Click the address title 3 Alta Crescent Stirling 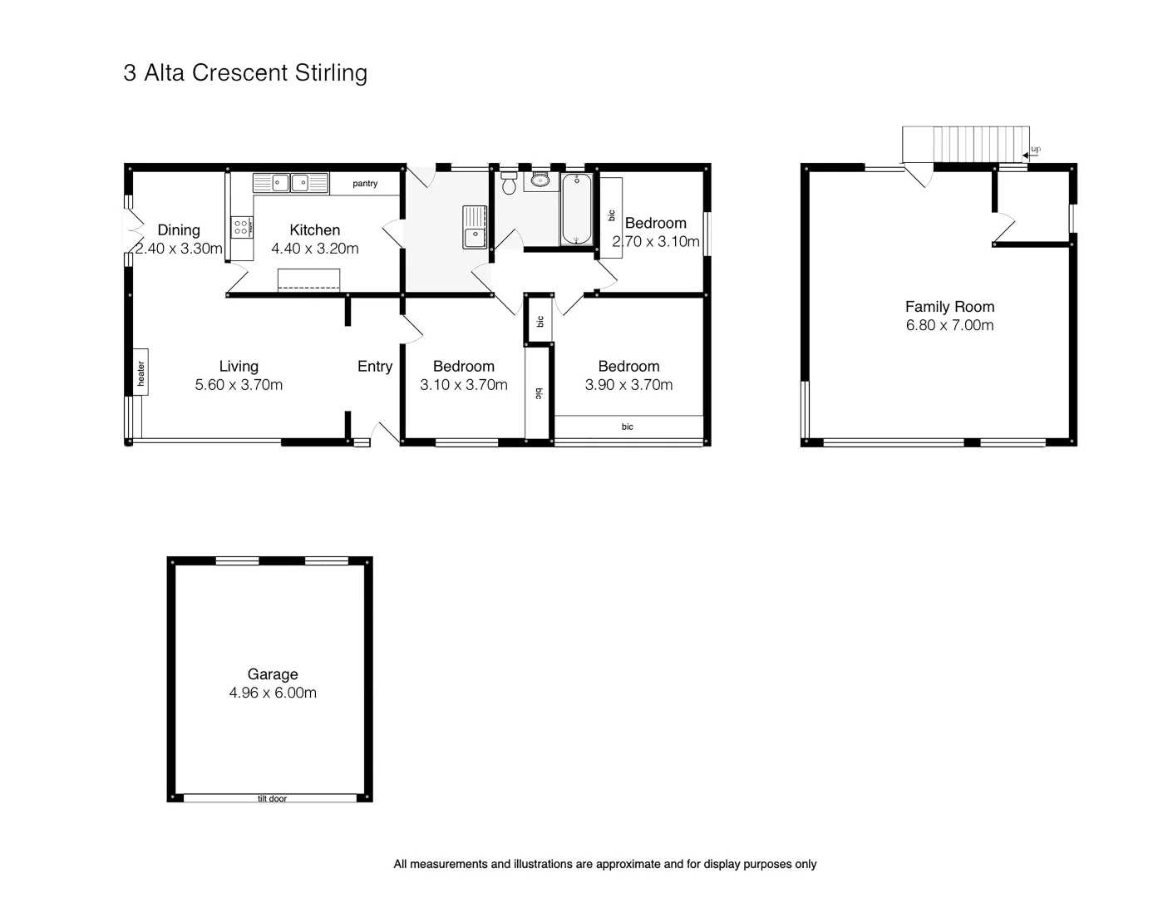click(245, 73)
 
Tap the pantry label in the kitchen click(365, 184)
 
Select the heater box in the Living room click(140, 372)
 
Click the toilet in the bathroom click(509, 183)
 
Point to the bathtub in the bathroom click(577, 209)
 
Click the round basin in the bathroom click(542, 181)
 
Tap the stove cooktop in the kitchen click(241, 227)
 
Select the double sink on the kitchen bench click(290, 183)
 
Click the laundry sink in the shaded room click(475, 227)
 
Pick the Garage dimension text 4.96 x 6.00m click(273, 693)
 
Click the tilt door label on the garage click(272, 798)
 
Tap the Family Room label click(949, 307)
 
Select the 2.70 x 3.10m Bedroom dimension click(656, 242)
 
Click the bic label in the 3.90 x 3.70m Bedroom click(628, 427)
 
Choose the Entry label click(375, 367)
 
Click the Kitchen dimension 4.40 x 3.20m click(315, 249)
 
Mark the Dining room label click(179, 230)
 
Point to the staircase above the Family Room click(965, 144)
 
